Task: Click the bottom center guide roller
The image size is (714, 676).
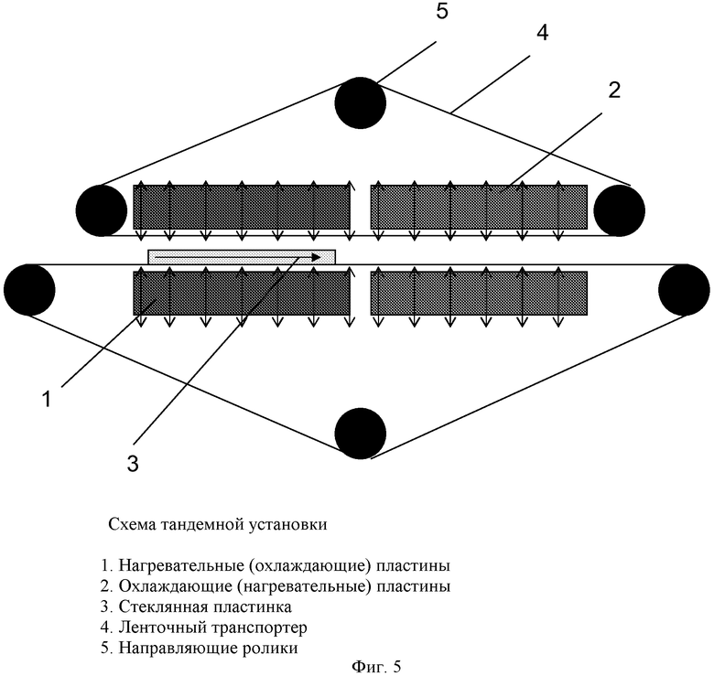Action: click(360, 432)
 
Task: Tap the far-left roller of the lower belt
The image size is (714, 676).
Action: click(29, 289)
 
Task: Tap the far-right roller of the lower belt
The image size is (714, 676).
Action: click(684, 289)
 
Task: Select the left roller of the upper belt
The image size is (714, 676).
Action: click(102, 209)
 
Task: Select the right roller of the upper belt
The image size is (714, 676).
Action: click(619, 209)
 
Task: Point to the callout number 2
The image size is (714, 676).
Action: click(614, 90)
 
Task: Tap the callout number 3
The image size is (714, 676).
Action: click(132, 464)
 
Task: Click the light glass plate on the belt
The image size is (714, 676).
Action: click(242, 257)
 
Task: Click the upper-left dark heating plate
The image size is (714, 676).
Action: click(242, 207)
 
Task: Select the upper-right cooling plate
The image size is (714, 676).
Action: click(479, 207)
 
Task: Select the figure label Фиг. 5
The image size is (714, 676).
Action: click(375, 666)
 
